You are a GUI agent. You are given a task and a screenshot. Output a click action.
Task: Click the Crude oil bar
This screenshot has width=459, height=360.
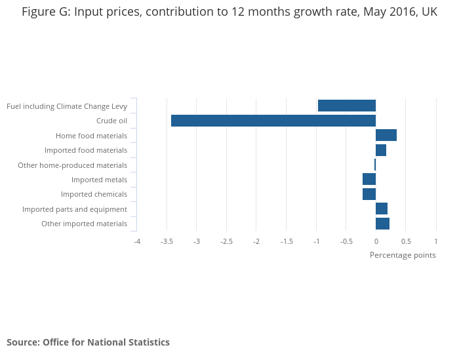point(273,121)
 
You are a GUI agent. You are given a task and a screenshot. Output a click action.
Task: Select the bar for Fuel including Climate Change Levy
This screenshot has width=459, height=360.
point(346,106)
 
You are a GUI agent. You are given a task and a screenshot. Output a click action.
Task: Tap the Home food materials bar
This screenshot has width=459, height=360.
point(386,135)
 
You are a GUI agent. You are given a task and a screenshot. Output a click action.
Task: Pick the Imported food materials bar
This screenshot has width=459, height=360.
point(381,150)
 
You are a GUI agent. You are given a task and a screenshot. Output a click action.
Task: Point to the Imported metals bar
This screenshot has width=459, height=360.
point(369,180)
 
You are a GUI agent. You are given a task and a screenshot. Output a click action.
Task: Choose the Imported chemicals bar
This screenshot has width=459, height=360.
point(369,194)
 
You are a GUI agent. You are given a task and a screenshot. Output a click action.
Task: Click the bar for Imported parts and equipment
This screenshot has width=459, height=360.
point(382,209)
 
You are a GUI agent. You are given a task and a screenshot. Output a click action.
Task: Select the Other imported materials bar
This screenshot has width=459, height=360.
point(382,224)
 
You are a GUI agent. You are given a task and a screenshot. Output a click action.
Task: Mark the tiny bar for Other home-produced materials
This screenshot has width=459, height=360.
point(375,165)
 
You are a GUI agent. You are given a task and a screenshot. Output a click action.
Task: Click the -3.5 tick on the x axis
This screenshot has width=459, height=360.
point(167,241)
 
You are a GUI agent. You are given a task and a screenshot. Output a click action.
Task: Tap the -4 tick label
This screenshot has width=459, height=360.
point(137,241)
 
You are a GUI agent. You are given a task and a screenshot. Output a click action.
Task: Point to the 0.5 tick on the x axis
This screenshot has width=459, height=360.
point(406,241)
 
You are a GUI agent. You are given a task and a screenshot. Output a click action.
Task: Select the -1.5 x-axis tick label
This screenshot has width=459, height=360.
point(287,241)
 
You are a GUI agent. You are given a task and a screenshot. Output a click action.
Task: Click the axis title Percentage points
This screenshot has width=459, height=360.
point(403,255)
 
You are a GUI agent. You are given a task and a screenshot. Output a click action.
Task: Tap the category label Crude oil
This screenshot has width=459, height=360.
point(111,121)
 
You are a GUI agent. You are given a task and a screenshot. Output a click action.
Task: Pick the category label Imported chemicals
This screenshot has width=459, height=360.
point(94,194)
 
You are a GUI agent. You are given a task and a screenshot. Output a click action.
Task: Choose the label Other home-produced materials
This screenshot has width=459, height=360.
point(72,165)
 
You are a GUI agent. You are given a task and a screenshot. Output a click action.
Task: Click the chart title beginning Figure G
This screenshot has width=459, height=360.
point(229,12)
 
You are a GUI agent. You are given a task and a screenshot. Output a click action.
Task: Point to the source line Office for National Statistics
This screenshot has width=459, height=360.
point(88,342)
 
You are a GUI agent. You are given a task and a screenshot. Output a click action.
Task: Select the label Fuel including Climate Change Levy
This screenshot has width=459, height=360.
point(67,106)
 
